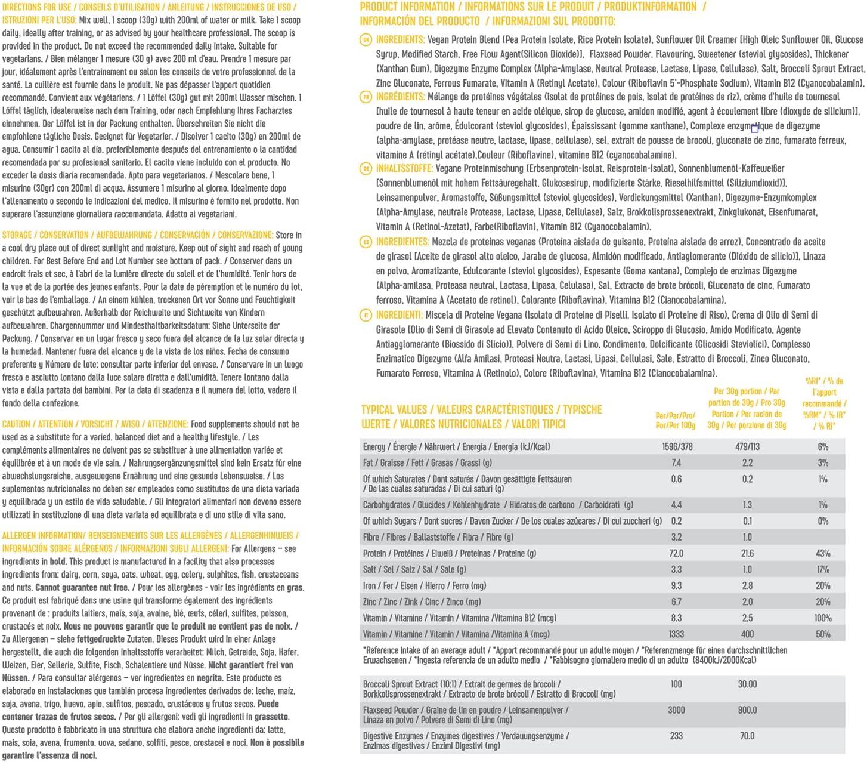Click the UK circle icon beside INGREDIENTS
(x=366, y=40)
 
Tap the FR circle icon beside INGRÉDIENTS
(x=366, y=97)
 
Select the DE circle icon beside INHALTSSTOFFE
(x=366, y=169)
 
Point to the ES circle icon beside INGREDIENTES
(x=366, y=242)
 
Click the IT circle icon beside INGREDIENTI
(x=366, y=315)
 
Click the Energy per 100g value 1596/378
(x=677, y=446)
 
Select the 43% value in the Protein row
(x=823, y=553)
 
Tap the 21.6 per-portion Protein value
(x=747, y=553)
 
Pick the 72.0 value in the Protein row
(x=677, y=553)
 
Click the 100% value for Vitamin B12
(x=823, y=618)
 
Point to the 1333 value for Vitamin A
(x=676, y=634)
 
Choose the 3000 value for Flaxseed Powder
(x=676, y=710)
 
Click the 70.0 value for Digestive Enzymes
(x=747, y=736)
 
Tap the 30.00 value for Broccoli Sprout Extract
(x=747, y=684)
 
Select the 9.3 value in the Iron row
(x=676, y=585)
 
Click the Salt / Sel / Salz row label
(x=414, y=569)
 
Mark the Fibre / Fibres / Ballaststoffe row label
(x=438, y=537)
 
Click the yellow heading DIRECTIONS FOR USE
(x=37, y=7)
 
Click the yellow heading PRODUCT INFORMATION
(x=407, y=7)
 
